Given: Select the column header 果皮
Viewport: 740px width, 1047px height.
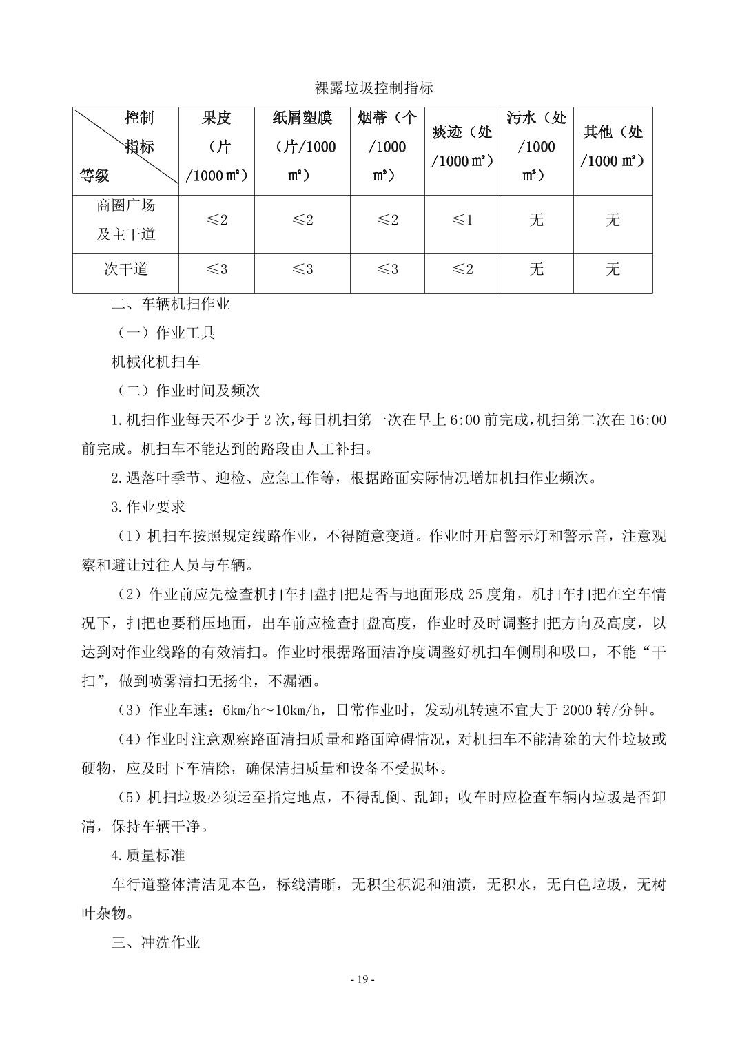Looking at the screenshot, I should (216, 118).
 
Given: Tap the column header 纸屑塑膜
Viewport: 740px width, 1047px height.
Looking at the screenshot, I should (302, 118).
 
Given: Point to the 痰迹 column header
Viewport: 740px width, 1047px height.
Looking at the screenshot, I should (462, 133).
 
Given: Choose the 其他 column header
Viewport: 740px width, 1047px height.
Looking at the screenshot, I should (613, 133).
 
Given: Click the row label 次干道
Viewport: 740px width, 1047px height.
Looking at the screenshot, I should (126, 269).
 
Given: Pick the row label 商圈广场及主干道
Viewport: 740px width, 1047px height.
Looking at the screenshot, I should (126, 220).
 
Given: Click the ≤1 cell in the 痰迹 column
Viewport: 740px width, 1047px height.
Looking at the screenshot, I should (462, 220).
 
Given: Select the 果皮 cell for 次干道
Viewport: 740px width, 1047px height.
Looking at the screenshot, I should (216, 269).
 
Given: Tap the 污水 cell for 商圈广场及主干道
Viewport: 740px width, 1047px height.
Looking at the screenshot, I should (536, 220).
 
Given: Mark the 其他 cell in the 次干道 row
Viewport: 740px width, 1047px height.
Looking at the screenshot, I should (613, 269).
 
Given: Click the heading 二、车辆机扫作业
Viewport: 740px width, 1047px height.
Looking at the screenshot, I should (170, 304).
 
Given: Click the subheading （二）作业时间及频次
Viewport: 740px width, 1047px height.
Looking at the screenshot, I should (185, 391).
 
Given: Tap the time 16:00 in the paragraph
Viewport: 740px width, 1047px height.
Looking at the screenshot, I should (648, 419).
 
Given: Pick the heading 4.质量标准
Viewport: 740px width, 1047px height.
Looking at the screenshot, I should (148, 856).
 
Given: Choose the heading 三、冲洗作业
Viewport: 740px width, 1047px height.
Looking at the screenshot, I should (156, 942).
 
